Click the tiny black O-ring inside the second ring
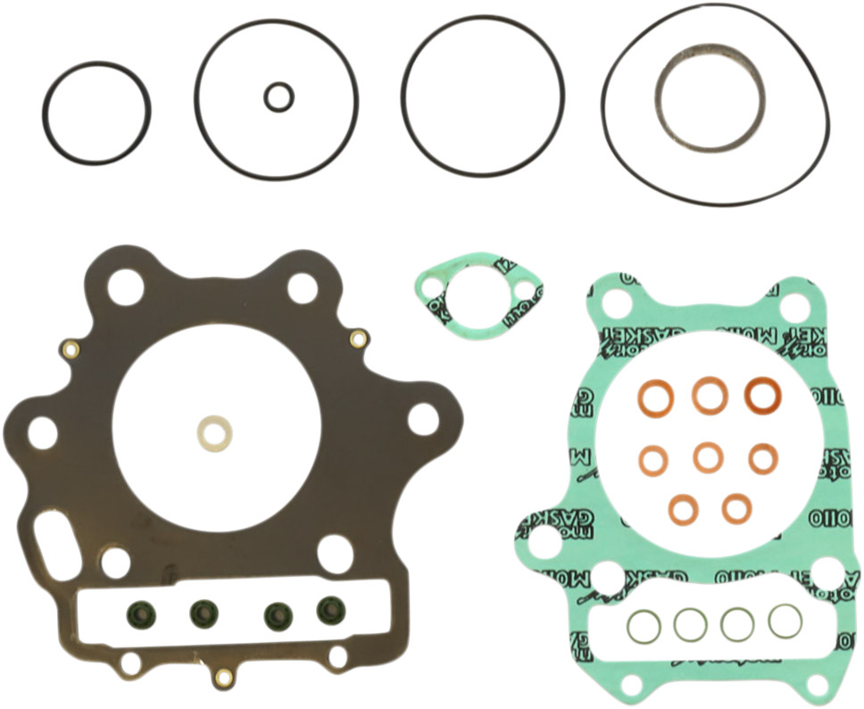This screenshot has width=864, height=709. pyautogui.click(x=278, y=96)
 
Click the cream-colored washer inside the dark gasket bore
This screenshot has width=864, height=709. pyautogui.click(x=214, y=433)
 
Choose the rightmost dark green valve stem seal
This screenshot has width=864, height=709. pyautogui.click(x=331, y=610)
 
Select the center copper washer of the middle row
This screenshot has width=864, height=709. pyautogui.click(x=708, y=458)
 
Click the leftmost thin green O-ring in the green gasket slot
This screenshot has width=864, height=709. pyautogui.click(x=643, y=627)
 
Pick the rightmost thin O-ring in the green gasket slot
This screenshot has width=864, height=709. pyautogui.click(x=785, y=621)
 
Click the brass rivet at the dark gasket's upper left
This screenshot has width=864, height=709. pyautogui.click(x=70, y=348)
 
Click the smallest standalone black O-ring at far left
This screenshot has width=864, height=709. pyautogui.click(x=96, y=113)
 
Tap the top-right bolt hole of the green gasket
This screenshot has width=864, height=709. pyautogui.click(x=793, y=306)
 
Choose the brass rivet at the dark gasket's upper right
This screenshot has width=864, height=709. pyautogui.click(x=358, y=338)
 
